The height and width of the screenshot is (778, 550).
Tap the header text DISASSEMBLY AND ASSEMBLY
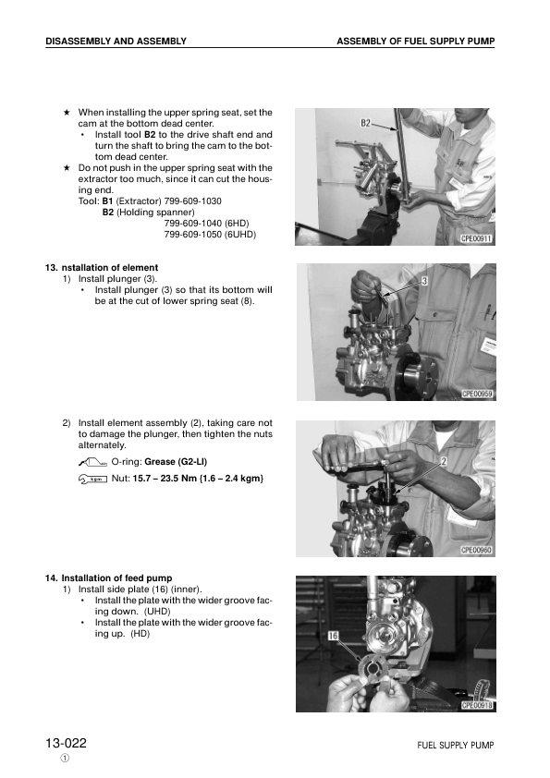click(x=116, y=42)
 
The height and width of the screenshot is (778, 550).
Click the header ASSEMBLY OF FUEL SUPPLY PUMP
click(x=415, y=42)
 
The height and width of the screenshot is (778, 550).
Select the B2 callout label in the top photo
click(x=366, y=123)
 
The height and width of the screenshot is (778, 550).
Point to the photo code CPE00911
click(x=477, y=238)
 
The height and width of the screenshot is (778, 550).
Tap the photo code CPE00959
click(x=477, y=394)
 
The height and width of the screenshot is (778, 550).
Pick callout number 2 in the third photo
click(x=444, y=460)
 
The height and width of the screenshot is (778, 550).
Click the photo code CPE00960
click(x=477, y=550)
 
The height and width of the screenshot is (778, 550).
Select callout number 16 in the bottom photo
click(x=333, y=636)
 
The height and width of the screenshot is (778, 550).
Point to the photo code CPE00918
click(x=477, y=705)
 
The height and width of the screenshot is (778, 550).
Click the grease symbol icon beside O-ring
click(x=93, y=462)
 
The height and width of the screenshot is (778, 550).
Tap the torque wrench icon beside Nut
click(x=93, y=478)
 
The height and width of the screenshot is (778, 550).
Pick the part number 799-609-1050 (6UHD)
click(x=209, y=234)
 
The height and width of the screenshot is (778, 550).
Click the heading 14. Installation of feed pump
click(x=108, y=577)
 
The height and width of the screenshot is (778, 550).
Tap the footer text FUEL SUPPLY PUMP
click(x=455, y=745)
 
